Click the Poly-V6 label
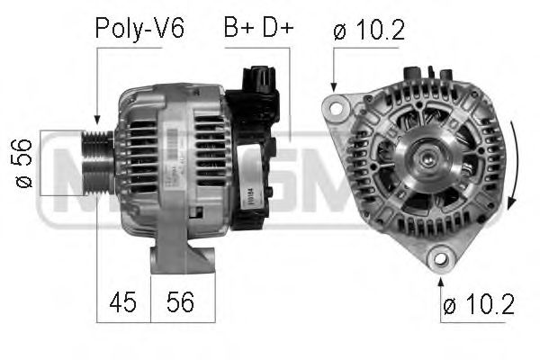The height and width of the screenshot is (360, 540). tap(139, 29)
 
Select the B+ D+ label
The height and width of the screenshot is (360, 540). tap(258, 29)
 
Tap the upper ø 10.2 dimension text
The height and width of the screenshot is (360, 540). tap(369, 31)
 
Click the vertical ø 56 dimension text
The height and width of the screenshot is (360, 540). tap(24, 162)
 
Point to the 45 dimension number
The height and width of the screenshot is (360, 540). tap(124, 303)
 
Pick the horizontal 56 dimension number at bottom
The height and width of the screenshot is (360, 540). tap(183, 303)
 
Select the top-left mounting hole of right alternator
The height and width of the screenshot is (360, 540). tap(337, 109)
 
